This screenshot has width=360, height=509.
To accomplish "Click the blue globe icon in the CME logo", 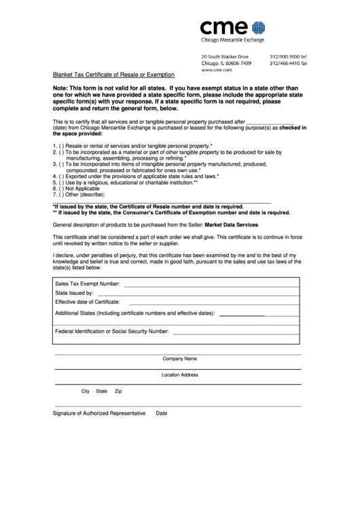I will [x=258, y=28].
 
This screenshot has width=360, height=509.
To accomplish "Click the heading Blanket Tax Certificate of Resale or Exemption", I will [x=114, y=74].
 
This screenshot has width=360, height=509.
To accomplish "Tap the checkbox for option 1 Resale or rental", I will [x=61, y=147].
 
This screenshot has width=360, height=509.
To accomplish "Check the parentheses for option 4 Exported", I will [x=61, y=176].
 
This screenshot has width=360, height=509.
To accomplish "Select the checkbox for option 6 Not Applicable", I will [x=61, y=188].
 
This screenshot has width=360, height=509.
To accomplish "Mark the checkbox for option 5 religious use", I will [x=61, y=182].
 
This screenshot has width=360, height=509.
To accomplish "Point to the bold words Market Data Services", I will [x=232, y=224].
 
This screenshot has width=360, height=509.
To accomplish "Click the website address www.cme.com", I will [x=217, y=70].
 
